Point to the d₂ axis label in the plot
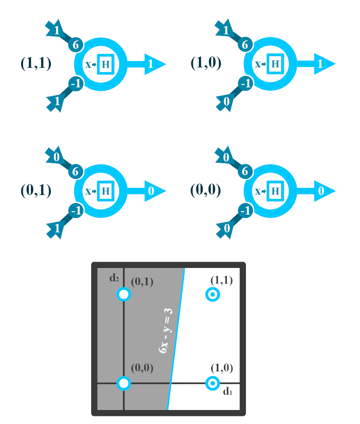coord(113,278)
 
